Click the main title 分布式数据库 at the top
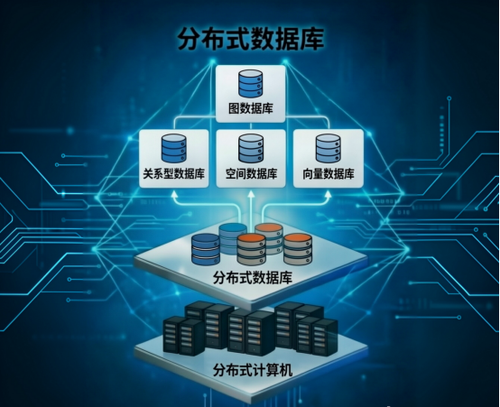tap(251, 40)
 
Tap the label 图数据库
tap(251, 109)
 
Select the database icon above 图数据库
tap(251, 84)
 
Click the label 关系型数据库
tap(174, 174)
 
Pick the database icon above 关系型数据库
tap(174, 148)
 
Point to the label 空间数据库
tap(251, 174)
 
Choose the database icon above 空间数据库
tap(251, 148)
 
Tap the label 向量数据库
tap(329, 174)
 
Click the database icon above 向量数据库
tap(329, 148)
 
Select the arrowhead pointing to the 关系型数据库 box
tap(174, 195)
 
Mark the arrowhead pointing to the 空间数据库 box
tap(251, 195)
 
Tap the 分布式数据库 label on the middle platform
tap(252, 278)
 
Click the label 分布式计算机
tap(252, 370)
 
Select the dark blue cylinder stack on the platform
tap(206, 249)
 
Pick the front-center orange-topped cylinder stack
tap(251, 249)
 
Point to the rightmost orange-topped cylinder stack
tap(297, 249)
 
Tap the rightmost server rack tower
tap(325, 337)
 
